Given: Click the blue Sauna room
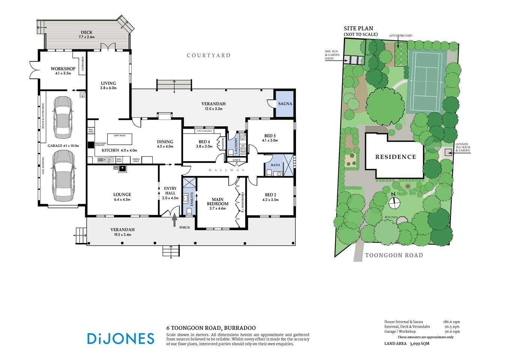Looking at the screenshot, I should click(285, 104).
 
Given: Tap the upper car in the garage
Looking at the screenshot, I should click(63, 117).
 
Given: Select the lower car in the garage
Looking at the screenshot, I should click(63, 175).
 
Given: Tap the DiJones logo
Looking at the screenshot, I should click(120, 339).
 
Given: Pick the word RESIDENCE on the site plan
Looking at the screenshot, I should click(395, 157).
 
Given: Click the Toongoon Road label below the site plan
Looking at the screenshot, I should click(394, 255).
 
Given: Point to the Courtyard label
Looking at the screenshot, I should click(209, 55).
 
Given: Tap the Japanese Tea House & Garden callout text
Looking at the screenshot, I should click(462, 147).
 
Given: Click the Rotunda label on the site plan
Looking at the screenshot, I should click(390, 217).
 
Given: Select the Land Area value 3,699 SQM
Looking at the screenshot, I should click(419, 343).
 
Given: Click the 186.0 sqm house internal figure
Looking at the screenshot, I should click(452, 322).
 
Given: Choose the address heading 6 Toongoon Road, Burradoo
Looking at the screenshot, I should click(211, 328).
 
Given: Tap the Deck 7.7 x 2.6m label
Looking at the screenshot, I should click(86, 34).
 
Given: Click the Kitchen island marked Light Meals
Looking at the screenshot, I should click(120, 139).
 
